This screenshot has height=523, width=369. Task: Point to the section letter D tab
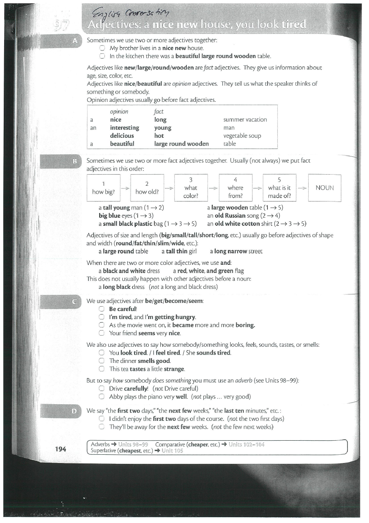coord(74,411)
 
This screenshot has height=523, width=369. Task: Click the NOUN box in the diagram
coord(324,188)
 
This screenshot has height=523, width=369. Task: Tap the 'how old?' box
coord(147,188)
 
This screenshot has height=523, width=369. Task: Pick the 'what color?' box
coord(190,188)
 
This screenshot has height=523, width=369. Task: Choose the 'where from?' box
coord(235,188)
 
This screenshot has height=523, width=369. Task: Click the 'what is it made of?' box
coord(279,188)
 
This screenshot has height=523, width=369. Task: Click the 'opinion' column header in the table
coord(119,112)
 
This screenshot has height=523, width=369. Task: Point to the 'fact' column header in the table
coord(159,112)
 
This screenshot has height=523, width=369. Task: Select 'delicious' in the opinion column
coord(122,136)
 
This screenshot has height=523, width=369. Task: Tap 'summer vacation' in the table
coord(245,120)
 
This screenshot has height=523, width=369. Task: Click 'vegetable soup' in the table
coord(242,136)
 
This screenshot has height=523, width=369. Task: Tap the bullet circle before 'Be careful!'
coord(102,309)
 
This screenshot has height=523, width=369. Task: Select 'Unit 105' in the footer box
coord(172,451)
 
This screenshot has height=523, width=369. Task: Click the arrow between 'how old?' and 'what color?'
coord(169,188)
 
